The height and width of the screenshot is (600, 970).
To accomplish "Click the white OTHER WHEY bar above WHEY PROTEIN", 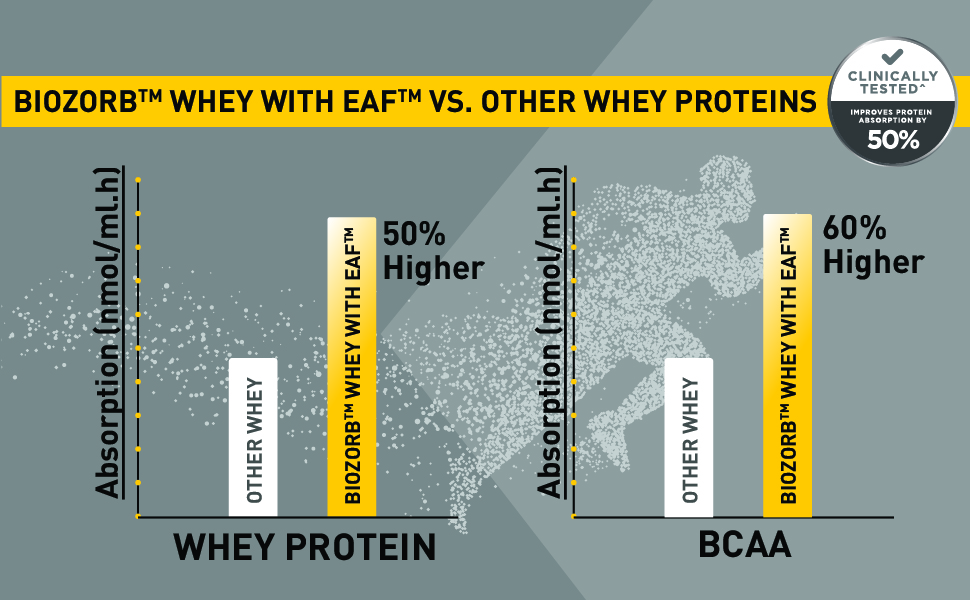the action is click(x=253, y=437).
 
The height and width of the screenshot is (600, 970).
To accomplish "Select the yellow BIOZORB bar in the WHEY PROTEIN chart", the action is click(x=351, y=367).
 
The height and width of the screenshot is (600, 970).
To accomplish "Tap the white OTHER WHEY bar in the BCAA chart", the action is click(x=689, y=437).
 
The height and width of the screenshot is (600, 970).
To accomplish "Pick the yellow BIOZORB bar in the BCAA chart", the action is click(x=788, y=366).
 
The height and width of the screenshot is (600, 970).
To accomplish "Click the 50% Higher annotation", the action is click(x=433, y=251).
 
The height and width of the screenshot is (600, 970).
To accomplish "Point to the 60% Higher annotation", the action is click(x=873, y=245).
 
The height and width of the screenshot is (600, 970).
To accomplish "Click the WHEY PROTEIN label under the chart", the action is click(x=305, y=547).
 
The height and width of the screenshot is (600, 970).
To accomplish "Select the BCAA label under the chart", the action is click(x=745, y=544).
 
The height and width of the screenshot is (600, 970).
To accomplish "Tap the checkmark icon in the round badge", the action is click(x=892, y=57).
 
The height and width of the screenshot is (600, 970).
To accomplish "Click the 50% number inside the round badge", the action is click(x=893, y=140).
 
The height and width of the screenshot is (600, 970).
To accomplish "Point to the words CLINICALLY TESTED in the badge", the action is click(x=893, y=82).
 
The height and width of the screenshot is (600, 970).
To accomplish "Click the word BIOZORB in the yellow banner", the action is click(x=75, y=101).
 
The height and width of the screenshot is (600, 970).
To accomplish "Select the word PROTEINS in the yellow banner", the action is click(x=745, y=101).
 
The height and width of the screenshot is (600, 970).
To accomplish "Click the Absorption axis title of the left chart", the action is click(x=108, y=332).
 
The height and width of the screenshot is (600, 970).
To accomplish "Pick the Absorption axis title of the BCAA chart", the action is click(x=549, y=332).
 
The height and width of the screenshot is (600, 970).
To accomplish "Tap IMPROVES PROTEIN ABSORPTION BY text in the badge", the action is click(x=891, y=116).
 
